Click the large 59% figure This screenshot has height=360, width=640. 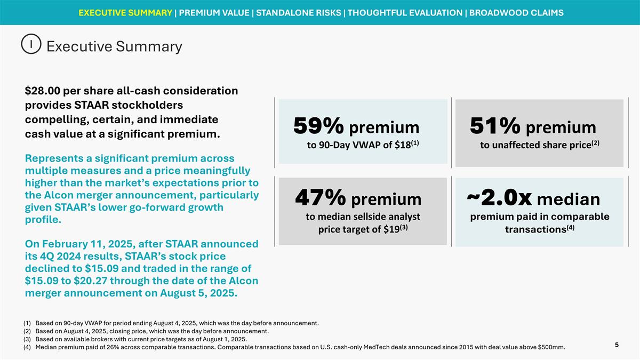coord(318,127)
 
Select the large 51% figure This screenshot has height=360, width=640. coord(495,127)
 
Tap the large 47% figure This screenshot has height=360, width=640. coord(320,199)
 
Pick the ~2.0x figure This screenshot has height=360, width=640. coord(499,198)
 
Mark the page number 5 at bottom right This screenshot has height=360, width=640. coord(617,345)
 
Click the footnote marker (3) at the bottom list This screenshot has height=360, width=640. coord(28,339)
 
